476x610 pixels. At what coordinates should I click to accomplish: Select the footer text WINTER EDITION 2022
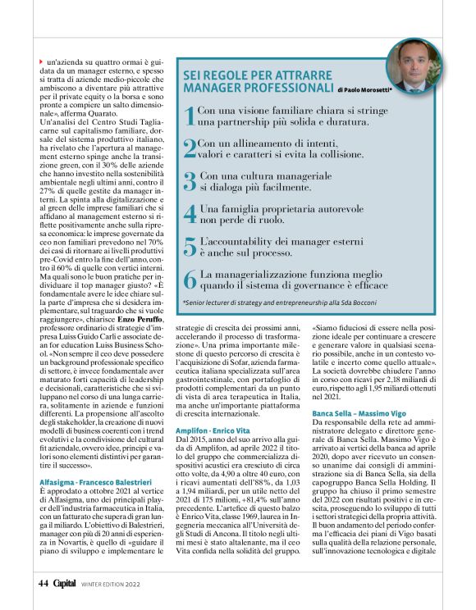112,584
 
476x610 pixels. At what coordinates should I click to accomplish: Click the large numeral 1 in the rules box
189,116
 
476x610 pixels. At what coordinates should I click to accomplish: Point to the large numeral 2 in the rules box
189,148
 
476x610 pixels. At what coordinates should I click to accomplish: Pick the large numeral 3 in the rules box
189,181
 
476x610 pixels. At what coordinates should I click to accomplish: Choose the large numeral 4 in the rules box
189,214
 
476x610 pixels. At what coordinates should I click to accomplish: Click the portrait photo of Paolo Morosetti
414,65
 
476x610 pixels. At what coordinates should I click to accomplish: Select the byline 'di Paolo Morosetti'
364,88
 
